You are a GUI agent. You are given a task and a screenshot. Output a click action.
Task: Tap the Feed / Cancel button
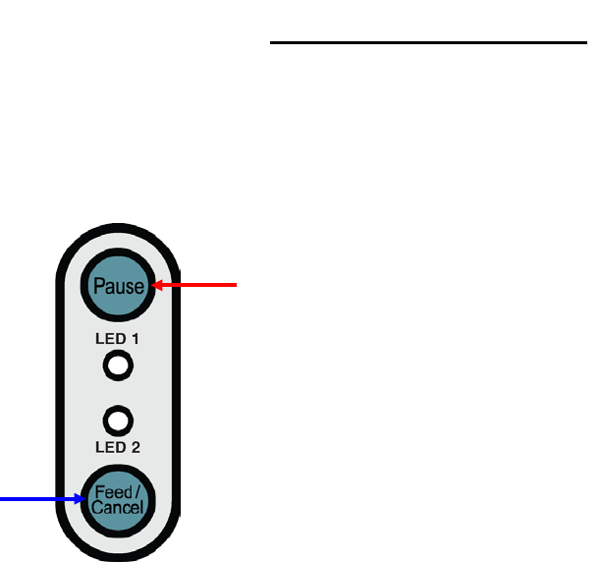click(x=117, y=499)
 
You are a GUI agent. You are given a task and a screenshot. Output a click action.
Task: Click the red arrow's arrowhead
click(x=152, y=286)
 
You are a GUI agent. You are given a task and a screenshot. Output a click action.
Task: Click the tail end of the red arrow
click(x=237, y=286)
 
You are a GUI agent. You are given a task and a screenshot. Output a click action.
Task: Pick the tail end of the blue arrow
click(x=1, y=499)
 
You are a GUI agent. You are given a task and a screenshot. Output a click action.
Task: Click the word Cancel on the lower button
click(x=117, y=509)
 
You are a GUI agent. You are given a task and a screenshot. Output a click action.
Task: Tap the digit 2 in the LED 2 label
click(x=137, y=448)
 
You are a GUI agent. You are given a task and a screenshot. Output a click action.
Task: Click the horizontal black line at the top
click(x=421, y=43)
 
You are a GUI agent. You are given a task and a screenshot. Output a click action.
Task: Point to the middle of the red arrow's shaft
click(x=196, y=286)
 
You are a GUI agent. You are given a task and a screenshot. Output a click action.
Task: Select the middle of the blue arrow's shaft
click(x=41, y=499)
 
